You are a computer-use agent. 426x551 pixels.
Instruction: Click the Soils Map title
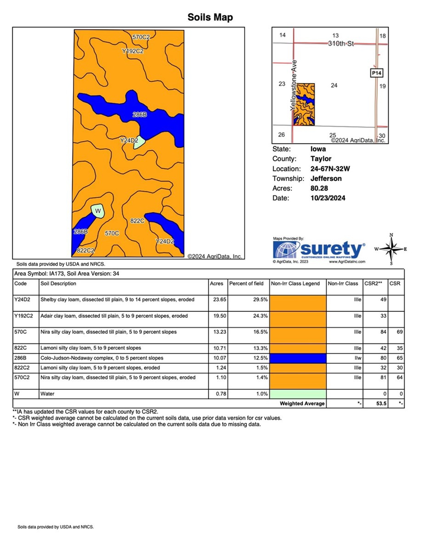point(210,17)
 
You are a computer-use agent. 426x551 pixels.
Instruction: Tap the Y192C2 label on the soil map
point(133,51)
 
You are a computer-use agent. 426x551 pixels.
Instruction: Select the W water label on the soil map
point(98,211)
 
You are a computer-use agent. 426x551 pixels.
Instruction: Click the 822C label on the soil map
point(137,221)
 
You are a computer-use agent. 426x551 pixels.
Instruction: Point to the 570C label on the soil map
point(112,233)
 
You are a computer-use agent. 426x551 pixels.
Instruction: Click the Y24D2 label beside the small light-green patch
point(129,140)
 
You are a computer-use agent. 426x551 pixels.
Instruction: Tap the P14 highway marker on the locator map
point(376,73)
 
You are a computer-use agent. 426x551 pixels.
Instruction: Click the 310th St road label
point(341,44)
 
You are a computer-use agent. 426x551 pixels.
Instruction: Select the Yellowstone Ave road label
point(294,85)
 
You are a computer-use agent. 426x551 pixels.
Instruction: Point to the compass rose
point(391,249)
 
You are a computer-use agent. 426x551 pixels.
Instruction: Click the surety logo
point(319,250)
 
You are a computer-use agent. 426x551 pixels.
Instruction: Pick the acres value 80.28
point(319,188)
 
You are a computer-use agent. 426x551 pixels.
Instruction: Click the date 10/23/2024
point(328,198)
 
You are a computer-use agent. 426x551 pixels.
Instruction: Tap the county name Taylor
point(321,159)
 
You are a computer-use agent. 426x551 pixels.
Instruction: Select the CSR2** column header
point(373,283)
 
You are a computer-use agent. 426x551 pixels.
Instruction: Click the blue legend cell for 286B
point(298,358)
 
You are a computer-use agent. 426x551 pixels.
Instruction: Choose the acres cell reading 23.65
point(219,299)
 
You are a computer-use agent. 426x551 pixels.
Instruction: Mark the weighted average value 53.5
point(381,403)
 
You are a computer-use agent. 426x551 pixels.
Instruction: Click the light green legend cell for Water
point(298,394)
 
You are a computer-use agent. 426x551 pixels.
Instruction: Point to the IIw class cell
point(357,358)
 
